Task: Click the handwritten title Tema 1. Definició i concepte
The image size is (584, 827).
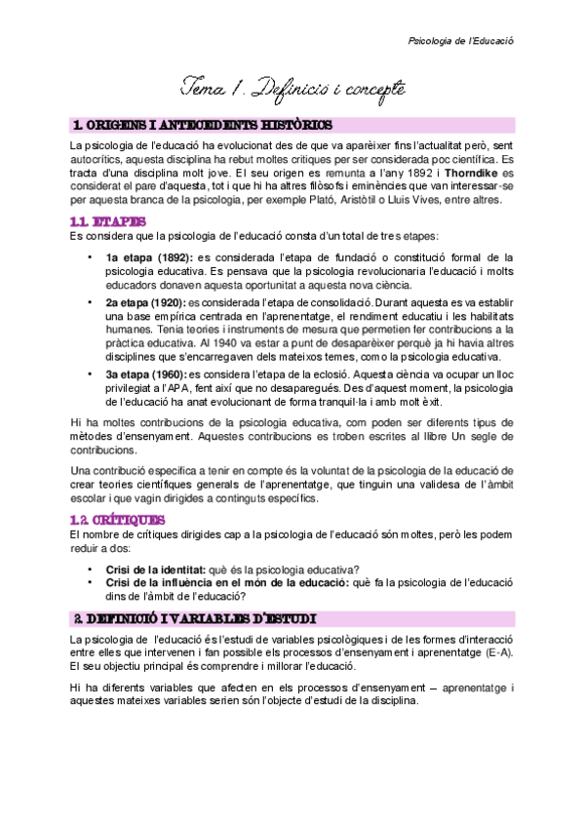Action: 292,91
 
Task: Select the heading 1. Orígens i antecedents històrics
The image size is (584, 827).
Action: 203,126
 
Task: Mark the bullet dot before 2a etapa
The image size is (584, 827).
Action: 91,303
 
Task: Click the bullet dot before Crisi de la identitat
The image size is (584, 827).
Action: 91,570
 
